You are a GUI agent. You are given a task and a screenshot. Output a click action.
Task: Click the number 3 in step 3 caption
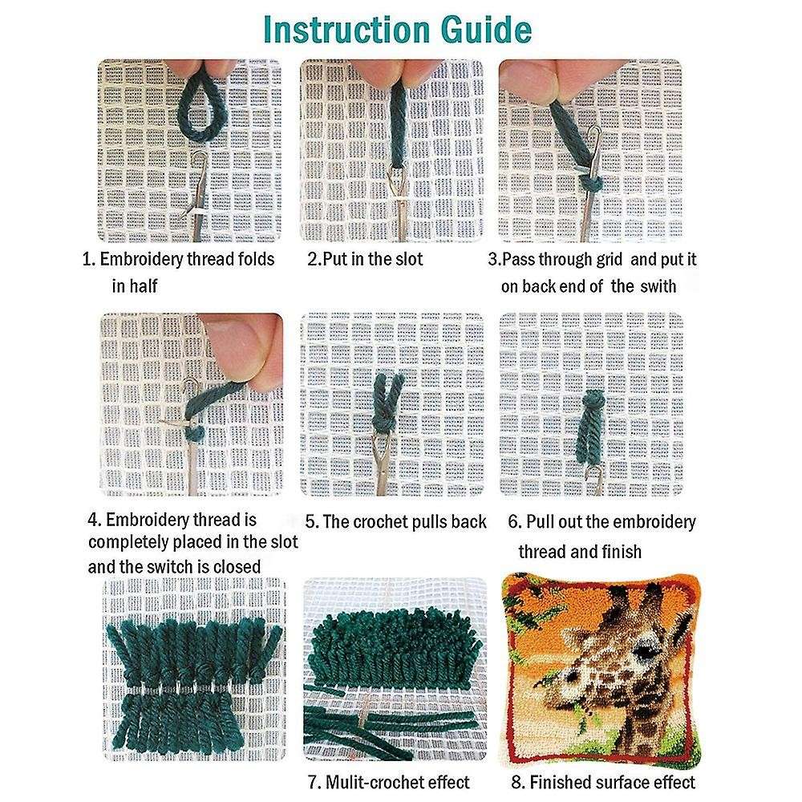(493, 260)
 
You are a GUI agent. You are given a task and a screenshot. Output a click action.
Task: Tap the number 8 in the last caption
(516, 782)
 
